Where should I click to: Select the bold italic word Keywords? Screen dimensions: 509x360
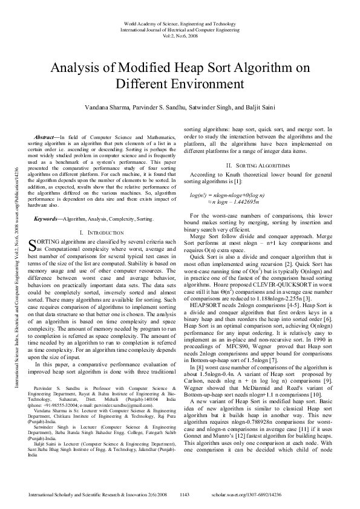tap(47, 218)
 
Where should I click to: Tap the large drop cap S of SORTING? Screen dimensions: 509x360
tap(33, 245)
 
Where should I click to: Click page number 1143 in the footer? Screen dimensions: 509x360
tap(185, 494)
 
